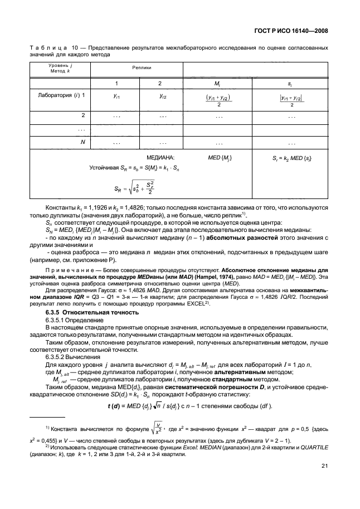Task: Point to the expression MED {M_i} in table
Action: click(x=220, y=158)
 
